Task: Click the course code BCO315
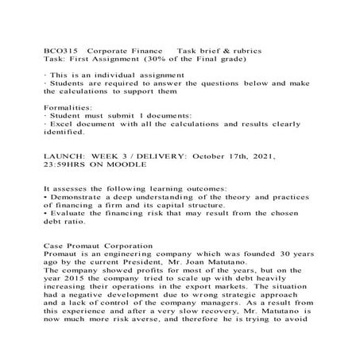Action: tap(59, 49)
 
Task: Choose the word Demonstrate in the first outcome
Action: tap(80, 197)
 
